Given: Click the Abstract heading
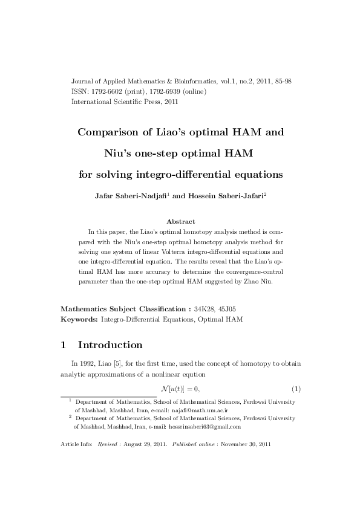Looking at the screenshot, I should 180,221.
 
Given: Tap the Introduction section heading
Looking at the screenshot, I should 110,345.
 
